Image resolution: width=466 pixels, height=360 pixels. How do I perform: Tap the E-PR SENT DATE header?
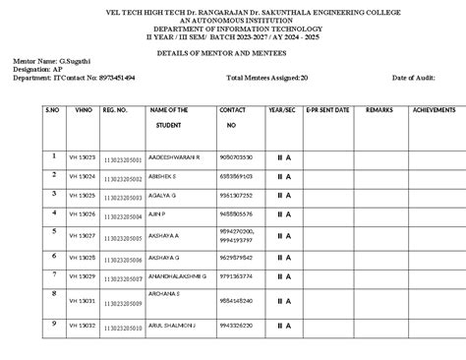point(326,110)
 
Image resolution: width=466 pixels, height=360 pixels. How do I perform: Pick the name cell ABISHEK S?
point(162,176)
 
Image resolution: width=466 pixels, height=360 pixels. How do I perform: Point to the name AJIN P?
point(157,213)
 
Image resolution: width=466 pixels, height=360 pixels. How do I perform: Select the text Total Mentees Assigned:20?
point(266,77)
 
